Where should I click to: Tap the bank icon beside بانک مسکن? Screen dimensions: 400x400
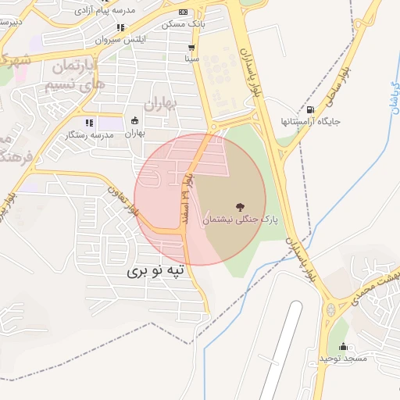[x=184, y=12]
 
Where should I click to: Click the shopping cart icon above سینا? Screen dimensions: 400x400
[x=191, y=48]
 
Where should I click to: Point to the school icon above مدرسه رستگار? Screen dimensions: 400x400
[x=88, y=122]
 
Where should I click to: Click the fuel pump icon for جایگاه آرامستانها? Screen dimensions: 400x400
[x=312, y=110]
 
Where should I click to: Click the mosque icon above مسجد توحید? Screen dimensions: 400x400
[x=342, y=346]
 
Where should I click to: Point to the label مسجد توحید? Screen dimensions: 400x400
[x=342, y=358]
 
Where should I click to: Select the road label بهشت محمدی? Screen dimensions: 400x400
[x=376, y=285]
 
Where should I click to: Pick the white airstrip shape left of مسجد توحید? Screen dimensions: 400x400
[x=279, y=352]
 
